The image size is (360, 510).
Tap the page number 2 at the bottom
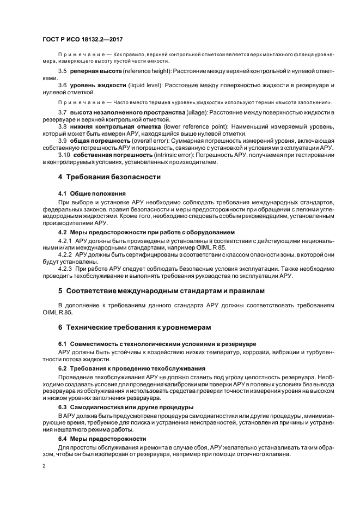(x=44, y=466)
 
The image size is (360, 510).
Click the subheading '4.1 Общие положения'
(x=92, y=193)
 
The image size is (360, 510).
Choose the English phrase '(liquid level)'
(x=145, y=86)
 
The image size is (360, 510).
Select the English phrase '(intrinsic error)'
(x=173, y=155)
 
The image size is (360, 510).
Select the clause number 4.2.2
(x=65, y=254)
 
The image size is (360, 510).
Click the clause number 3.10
(x=65, y=155)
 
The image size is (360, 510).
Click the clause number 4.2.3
(x=65, y=268)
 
